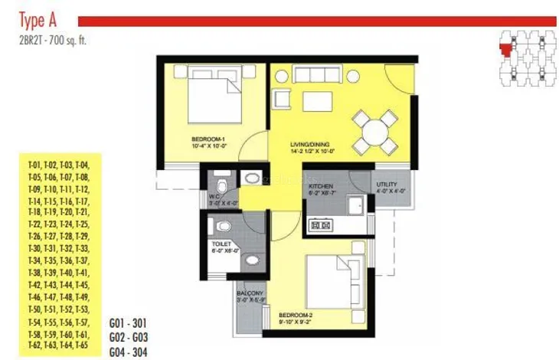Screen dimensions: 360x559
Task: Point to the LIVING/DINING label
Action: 309,145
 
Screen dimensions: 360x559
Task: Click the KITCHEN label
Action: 319,186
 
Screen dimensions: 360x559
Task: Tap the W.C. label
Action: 214,202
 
